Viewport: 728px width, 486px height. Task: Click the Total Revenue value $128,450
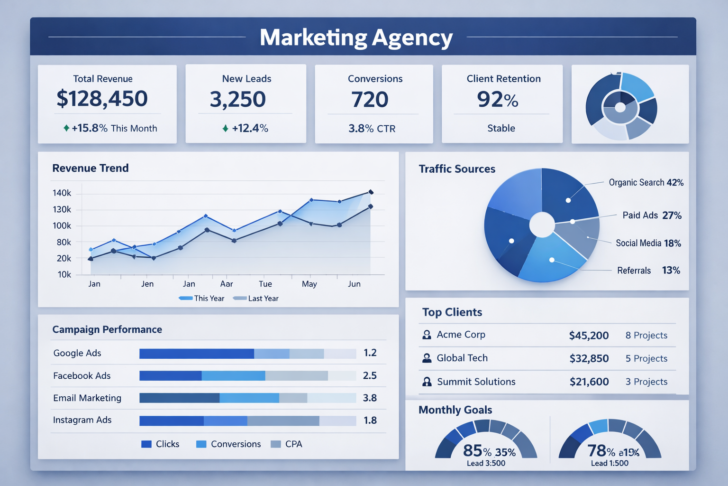pyautogui.click(x=102, y=99)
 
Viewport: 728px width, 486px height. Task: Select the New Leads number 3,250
pyautogui.click(x=238, y=99)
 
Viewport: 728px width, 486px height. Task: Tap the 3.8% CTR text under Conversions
pyautogui.click(x=372, y=129)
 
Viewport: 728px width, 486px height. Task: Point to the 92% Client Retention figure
pyautogui.click(x=498, y=100)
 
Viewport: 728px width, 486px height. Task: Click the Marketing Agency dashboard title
pyautogui.click(x=356, y=37)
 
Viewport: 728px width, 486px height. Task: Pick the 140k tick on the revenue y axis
pyautogui.click(x=62, y=193)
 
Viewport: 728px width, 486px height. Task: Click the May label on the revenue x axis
pyautogui.click(x=309, y=284)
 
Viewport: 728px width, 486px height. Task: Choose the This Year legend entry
pyautogui.click(x=202, y=299)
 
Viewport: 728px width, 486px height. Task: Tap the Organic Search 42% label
pyautogui.click(x=646, y=183)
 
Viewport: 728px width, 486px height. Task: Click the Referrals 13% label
pyautogui.click(x=648, y=271)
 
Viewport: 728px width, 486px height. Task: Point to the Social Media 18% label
pyautogui.click(x=648, y=243)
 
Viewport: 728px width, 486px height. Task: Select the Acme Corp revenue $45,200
pyautogui.click(x=589, y=336)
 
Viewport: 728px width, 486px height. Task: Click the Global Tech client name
pyautogui.click(x=462, y=358)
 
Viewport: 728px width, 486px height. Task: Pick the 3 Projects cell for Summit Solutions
pyautogui.click(x=646, y=382)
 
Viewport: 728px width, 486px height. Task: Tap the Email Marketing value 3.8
pyautogui.click(x=370, y=398)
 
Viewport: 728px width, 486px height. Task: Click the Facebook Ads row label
pyautogui.click(x=82, y=376)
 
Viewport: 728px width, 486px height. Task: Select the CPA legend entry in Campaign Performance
pyautogui.click(x=287, y=444)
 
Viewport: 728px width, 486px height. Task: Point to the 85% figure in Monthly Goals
pyautogui.click(x=477, y=450)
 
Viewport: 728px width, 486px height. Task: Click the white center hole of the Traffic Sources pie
pyautogui.click(x=542, y=224)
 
